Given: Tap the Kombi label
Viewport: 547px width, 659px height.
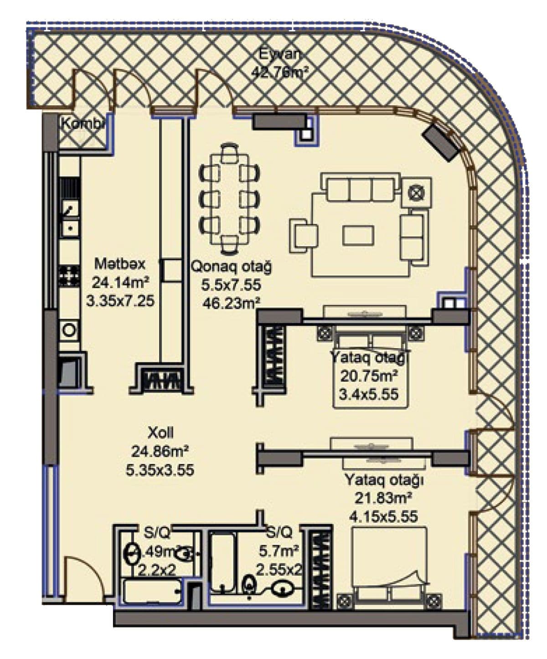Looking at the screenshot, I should pyautogui.click(x=83, y=124).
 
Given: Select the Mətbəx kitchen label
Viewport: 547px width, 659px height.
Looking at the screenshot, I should pyautogui.click(x=120, y=263).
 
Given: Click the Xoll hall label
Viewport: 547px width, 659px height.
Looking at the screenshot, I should pyautogui.click(x=160, y=432).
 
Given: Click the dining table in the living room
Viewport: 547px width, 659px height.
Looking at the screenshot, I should pyautogui.click(x=229, y=199).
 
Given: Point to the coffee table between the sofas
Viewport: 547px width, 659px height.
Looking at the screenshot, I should pyautogui.click(x=358, y=235).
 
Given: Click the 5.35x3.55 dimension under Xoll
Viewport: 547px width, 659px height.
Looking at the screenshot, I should pyautogui.click(x=160, y=470).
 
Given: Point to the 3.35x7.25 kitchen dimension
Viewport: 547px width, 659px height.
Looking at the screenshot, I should pyautogui.click(x=120, y=301).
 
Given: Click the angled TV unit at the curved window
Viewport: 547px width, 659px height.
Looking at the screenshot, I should pyautogui.click(x=441, y=142).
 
